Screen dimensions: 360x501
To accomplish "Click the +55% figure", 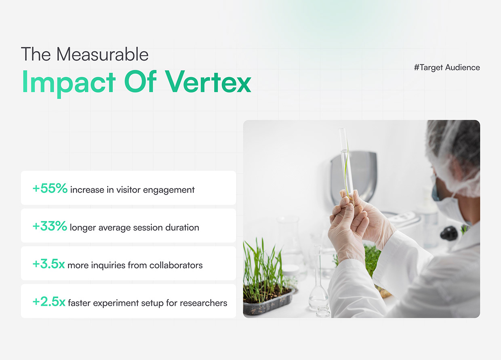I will [50, 189].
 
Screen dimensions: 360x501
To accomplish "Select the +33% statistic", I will [50, 227].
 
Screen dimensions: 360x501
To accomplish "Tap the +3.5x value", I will [48, 265].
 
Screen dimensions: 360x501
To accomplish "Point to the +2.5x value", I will [48, 302].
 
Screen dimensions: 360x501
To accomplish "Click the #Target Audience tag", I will [447, 67].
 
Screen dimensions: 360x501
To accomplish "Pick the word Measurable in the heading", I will [102, 55].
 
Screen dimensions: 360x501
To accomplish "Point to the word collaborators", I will [176, 265].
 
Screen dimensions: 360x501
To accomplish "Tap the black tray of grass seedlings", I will [268, 301].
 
